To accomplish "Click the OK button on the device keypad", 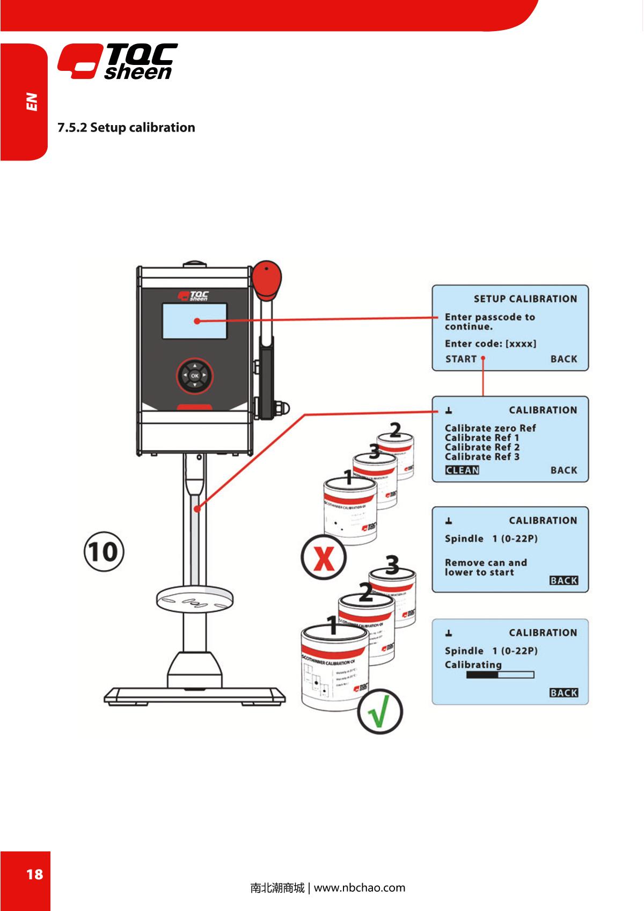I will [x=194, y=376].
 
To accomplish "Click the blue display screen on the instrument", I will [x=194, y=321].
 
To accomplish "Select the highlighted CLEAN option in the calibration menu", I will [x=462, y=470].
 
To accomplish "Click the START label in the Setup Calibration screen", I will [x=461, y=359].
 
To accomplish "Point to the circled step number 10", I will [x=103, y=551].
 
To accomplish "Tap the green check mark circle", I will [x=380, y=712].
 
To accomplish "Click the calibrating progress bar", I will [x=500, y=675].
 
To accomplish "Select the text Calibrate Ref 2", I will [x=482, y=447].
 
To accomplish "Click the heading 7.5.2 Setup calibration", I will [x=126, y=127].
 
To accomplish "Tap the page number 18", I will [x=34, y=874].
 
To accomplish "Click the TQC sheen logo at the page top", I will [x=118, y=62].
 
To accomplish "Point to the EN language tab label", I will [x=33, y=101].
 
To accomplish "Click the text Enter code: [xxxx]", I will [x=490, y=344].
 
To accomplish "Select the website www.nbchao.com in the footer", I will [x=359, y=887].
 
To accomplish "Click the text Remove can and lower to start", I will [x=485, y=567].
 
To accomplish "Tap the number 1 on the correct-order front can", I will [x=333, y=625].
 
